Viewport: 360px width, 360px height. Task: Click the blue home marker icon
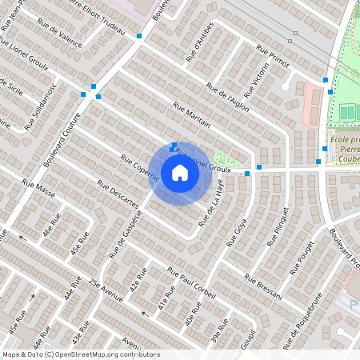click(180, 173)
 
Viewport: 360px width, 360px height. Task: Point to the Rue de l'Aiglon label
click(227, 97)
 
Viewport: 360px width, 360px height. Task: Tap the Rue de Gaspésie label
click(123, 232)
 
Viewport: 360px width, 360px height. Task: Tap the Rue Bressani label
click(264, 287)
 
